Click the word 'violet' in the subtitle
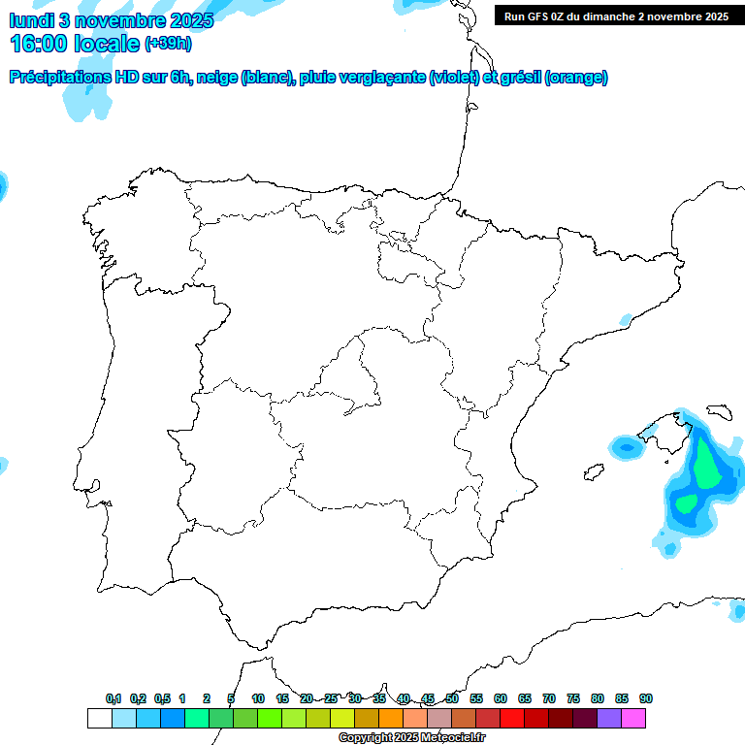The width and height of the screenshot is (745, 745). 452,78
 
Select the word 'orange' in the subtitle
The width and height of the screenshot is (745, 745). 576,78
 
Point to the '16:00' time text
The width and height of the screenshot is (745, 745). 41,44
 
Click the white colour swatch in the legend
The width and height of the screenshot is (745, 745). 99,719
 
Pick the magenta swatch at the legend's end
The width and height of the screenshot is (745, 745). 633,719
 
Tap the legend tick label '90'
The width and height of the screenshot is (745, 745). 646,698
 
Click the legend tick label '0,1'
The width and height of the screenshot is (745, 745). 113,698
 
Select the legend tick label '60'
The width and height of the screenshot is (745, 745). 501,698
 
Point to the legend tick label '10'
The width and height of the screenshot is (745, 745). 258,698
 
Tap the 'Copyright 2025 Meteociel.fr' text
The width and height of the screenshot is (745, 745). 411,738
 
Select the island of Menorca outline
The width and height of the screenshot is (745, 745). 719,412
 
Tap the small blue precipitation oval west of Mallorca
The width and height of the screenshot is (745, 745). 627,447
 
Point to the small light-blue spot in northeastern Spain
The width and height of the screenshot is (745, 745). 627,319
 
